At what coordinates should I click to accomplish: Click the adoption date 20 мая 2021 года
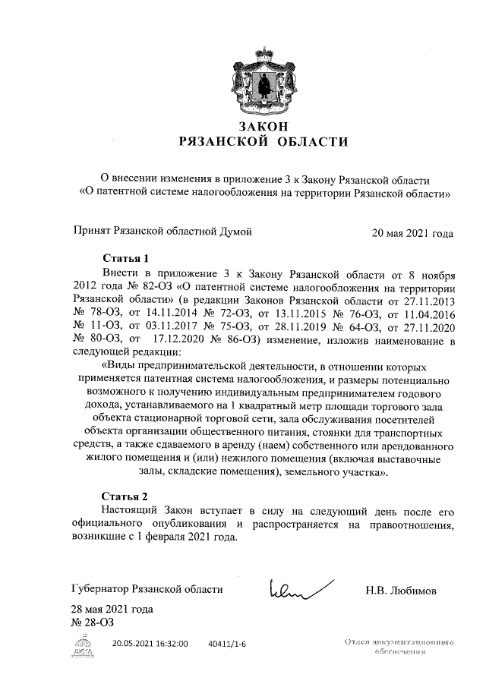pyautogui.click(x=412, y=233)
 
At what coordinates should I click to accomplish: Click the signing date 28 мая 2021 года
pyautogui.click(x=112, y=610)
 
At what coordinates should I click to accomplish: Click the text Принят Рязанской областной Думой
pyautogui.click(x=161, y=232)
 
